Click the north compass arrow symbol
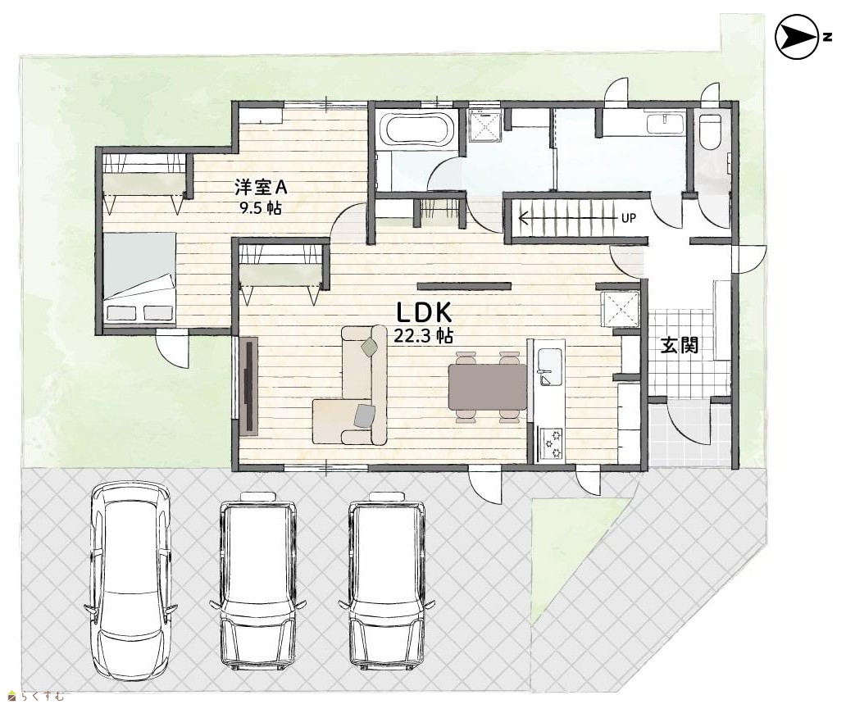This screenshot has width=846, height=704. (x=797, y=37)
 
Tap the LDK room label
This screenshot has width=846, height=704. (x=424, y=312)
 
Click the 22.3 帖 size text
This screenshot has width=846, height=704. (x=423, y=337)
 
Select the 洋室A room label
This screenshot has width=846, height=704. (x=261, y=188)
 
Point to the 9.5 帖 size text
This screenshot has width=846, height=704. (x=261, y=208)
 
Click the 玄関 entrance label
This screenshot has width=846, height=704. (x=680, y=345)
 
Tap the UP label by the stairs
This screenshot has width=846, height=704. (x=629, y=219)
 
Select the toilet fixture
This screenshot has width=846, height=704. (x=710, y=131)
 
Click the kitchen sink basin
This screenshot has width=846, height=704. (x=550, y=367)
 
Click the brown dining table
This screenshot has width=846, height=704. (x=487, y=387)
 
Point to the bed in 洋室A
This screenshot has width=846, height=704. (x=139, y=279)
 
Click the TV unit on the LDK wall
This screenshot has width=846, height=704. (x=248, y=386)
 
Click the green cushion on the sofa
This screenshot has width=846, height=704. (x=370, y=347)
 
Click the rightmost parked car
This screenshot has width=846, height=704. (x=387, y=580)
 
